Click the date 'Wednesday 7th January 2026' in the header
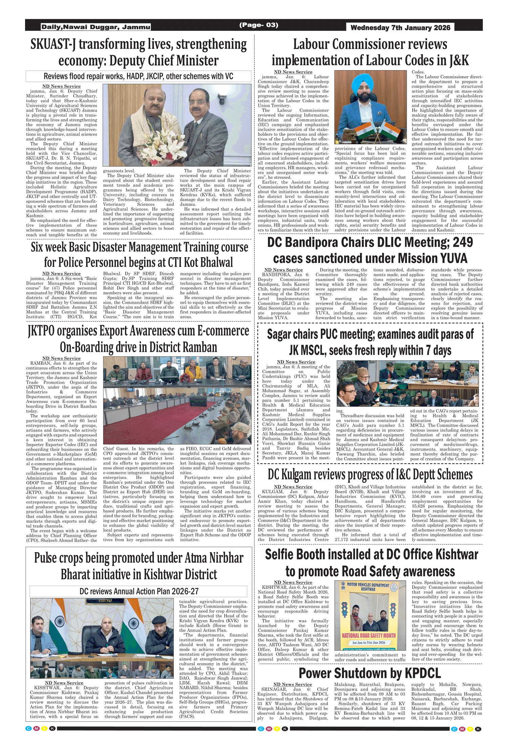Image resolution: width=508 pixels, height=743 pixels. point(400,28)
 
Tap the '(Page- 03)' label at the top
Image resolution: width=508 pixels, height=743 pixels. point(259,25)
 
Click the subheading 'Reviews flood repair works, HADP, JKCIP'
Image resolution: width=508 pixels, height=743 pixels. point(139,76)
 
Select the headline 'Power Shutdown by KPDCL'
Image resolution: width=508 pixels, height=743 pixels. point(370,673)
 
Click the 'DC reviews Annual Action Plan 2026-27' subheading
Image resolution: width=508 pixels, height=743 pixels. point(139,591)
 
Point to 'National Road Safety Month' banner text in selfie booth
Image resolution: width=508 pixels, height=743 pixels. point(369,636)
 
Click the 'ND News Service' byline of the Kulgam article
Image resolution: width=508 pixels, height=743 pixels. point(293,487)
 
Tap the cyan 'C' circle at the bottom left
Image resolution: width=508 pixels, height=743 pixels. point(29,729)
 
